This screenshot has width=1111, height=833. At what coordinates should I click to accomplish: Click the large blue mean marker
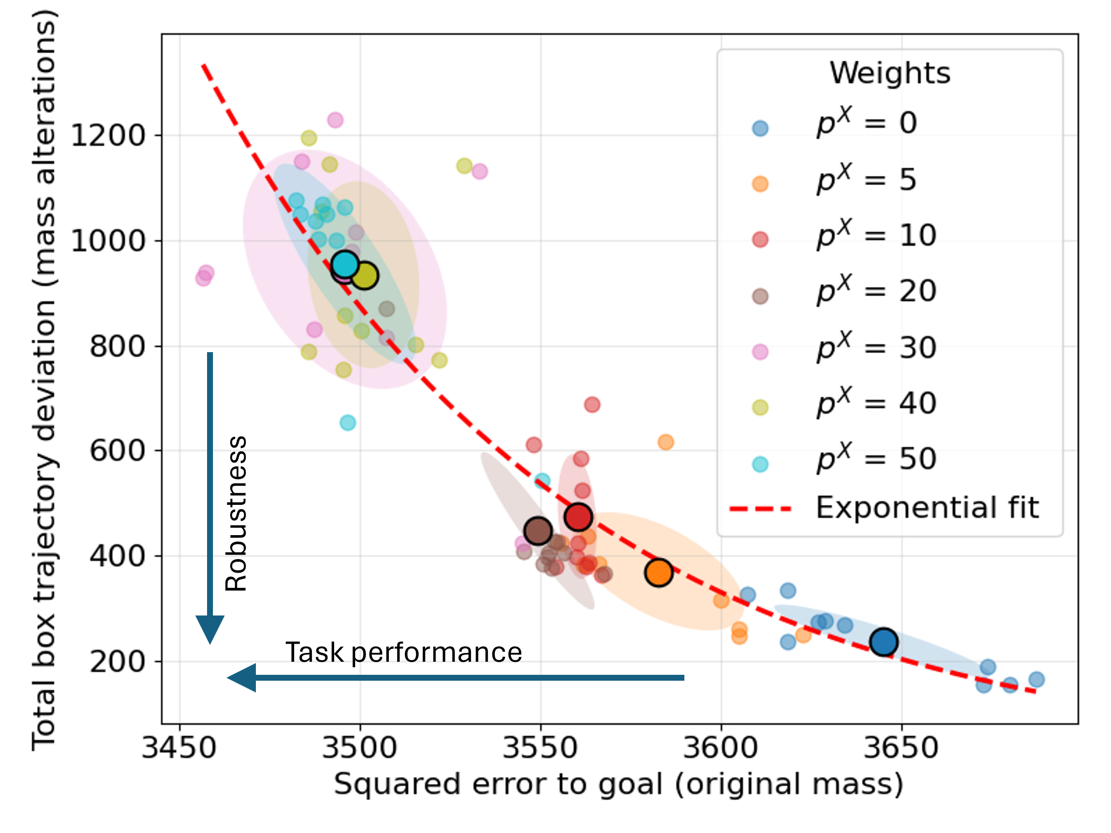(x=883, y=642)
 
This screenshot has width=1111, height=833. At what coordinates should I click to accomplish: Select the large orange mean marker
(x=659, y=573)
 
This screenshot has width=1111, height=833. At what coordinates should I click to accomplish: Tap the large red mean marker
(x=578, y=517)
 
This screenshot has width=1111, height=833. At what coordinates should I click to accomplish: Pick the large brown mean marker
(x=538, y=531)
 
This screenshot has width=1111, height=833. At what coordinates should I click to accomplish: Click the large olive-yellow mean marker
(x=364, y=275)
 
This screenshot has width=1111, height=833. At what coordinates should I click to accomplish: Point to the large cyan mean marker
(x=345, y=264)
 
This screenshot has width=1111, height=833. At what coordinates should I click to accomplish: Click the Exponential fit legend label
(x=927, y=508)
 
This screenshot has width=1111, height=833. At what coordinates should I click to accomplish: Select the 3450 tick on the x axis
(x=179, y=748)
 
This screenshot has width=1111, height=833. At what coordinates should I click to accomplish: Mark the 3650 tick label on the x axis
(x=901, y=748)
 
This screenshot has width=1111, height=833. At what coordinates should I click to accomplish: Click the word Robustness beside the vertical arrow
(x=236, y=513)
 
